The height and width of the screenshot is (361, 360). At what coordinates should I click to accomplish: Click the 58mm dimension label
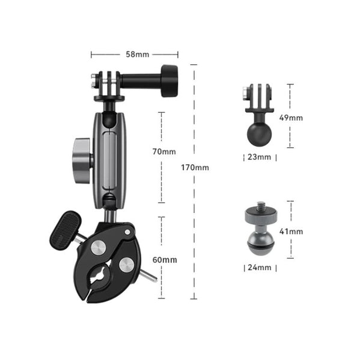click(138, 55)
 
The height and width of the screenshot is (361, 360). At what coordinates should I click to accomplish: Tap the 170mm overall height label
click(195, 168)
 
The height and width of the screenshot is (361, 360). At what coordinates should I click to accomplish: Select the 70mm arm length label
click(164, 152)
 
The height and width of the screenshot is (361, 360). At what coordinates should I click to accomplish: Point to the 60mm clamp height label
click(165, 260)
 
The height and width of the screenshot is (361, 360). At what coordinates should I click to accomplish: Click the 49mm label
click(291, 118)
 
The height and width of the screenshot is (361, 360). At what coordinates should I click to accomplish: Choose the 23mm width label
click(259, 157)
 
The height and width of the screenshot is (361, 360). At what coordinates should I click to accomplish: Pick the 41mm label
click(291, 232)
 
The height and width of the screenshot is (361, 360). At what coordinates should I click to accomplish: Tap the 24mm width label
click(260, 268)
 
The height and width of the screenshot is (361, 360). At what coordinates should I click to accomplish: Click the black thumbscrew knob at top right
click(169, 81)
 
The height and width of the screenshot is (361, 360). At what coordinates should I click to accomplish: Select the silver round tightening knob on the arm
click(82, 161)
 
